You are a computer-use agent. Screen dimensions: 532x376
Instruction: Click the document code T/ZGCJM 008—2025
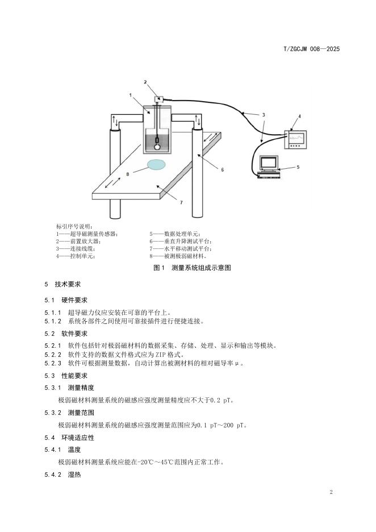click(311, 49)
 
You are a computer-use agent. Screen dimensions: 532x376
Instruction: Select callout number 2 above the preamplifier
click(145, 82)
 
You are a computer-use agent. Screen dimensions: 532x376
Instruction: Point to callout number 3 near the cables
click(263, 115)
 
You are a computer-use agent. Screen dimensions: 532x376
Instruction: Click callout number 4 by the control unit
click(299, 117)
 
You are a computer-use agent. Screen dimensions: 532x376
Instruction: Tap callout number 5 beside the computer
click(299, 167)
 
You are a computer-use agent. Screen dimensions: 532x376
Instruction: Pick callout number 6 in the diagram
click(223, 169)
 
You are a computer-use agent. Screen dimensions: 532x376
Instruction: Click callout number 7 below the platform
click(181, 202)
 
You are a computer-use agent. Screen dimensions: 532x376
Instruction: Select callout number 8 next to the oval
click(128, 174)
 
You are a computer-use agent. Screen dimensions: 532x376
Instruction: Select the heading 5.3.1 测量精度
click(69, 387)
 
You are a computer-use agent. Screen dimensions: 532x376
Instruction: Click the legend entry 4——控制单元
click(76, 256)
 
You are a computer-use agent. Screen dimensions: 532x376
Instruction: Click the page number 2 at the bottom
click(331, 492)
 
